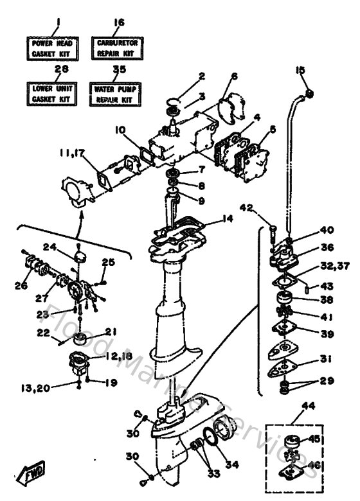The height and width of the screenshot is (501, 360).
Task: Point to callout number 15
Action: click(x=300, y=69)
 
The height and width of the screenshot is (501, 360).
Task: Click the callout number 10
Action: click(x=120, y=130)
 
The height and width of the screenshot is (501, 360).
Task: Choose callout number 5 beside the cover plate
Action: click(x=273, y=129)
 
